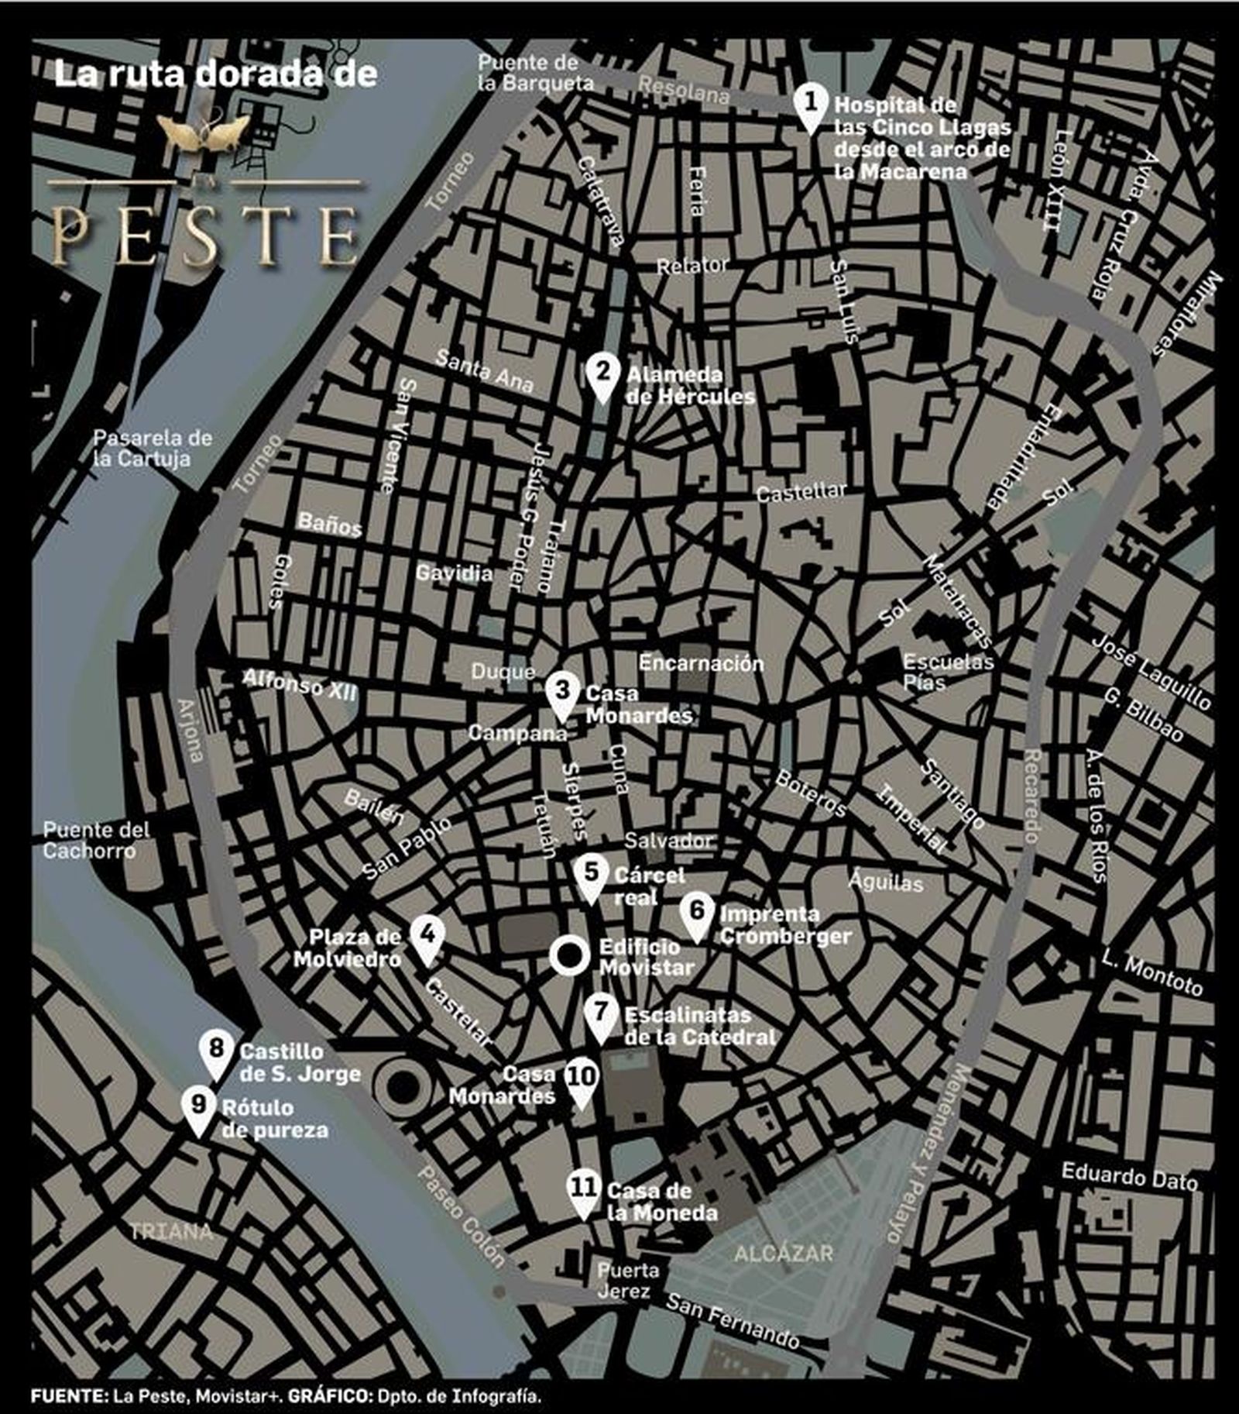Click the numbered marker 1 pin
810,105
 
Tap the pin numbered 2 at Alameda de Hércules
602,375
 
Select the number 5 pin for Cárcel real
591,876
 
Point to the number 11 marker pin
583,1191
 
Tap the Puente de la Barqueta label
535,73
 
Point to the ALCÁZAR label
783,1253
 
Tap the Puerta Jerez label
628,1281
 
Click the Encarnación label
701,663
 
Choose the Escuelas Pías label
948,672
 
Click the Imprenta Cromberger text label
784,925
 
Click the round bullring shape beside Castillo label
402,1089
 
